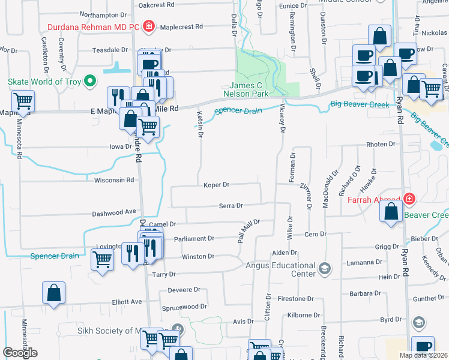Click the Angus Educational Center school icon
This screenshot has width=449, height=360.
(325, 267)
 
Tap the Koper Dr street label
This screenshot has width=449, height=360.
(217, 185)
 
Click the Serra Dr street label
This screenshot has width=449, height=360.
(231, 206)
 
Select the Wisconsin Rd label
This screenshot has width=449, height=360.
(114, 180)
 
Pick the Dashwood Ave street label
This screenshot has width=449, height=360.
(114, 212)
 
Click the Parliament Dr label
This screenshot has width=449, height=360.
(194, 238)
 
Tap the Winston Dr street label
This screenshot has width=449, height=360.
(198, 257)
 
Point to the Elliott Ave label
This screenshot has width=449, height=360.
(127, 302)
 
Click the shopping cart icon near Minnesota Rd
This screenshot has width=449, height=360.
(23, 101)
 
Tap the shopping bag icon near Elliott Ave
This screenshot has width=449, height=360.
(53, 293)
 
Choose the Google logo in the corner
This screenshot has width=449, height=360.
(20, 353)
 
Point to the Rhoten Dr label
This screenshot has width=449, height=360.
(381, 145)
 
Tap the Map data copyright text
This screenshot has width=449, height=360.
(423, 355)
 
